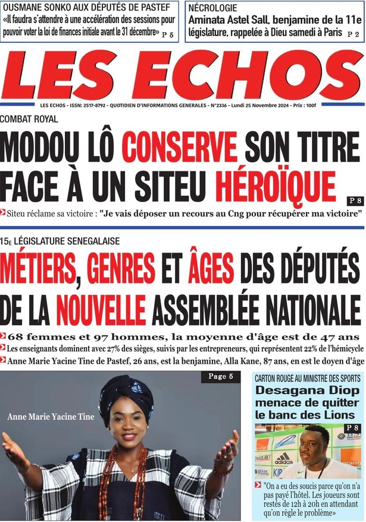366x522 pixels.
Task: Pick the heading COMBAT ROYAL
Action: coord(30,119)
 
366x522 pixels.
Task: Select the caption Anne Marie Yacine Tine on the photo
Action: coord(51,417)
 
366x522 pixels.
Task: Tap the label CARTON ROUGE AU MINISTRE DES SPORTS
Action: coord(307,378)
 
